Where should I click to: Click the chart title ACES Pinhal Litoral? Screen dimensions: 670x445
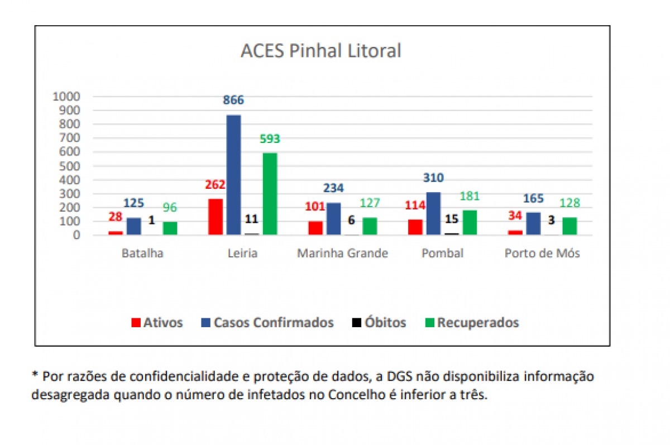coord(320,51)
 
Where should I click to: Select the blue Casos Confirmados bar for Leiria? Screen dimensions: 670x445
coord(233,175)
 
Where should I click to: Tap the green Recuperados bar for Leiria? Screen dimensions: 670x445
coord(270,194)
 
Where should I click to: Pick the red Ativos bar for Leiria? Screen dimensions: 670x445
coord(216,217)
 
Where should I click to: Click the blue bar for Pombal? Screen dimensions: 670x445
coord(433,213)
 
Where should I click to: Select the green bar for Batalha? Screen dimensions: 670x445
coord(170,228)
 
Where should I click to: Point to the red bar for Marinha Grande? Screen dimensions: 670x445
coord(315,228)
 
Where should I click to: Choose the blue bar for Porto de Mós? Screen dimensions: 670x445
coord(533,224)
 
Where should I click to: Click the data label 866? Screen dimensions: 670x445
coord(233,100)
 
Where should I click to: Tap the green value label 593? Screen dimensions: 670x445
coord(270,139)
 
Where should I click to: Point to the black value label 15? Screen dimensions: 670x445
coord(452,219)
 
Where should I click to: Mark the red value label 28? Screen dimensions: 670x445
coord(116,217)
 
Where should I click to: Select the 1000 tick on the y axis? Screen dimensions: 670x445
coord(66,97)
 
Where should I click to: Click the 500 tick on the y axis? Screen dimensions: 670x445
coord(69,166)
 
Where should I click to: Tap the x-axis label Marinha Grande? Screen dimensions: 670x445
coord(342,253)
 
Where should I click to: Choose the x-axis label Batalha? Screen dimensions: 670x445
coord(142,253)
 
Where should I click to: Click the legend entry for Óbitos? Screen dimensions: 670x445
coord(379,322)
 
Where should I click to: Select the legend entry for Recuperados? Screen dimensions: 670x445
coord(472,323)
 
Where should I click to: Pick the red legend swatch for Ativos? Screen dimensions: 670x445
coord(136,323)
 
